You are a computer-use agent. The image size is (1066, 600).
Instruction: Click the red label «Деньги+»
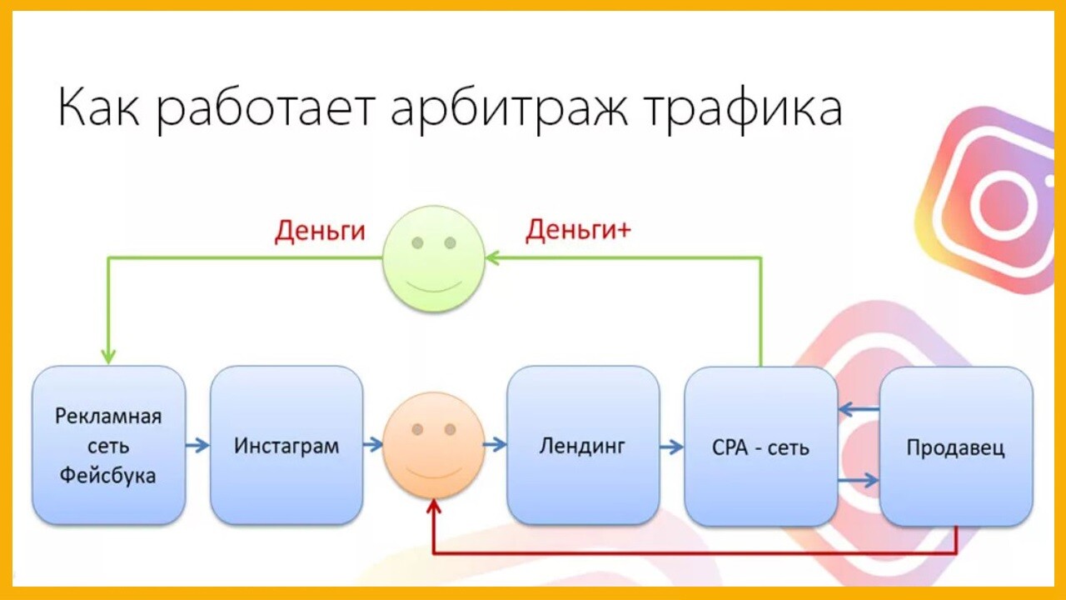[578, 230]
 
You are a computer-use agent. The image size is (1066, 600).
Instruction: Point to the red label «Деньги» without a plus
[320, 231]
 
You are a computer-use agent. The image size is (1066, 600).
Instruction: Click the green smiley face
[434, 259]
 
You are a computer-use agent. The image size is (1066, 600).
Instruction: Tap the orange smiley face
[434, 445]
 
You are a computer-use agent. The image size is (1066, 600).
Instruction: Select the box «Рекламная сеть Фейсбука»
[108, 446]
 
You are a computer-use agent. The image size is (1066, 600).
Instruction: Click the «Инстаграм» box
[286, 446]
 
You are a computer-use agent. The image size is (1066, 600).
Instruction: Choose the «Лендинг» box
[583, 446]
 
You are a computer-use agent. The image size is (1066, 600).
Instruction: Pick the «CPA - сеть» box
[760, 447]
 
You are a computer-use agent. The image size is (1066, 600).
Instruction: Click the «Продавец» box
[955, 447]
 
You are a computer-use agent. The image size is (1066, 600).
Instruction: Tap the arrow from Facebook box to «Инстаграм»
[197, 446]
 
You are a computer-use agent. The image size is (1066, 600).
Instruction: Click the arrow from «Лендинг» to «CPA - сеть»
[672, 447]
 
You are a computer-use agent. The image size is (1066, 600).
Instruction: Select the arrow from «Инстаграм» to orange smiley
[373, 445]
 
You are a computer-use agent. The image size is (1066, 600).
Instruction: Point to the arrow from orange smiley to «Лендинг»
[495, 445]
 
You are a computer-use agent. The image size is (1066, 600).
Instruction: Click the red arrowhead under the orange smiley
[434, 506]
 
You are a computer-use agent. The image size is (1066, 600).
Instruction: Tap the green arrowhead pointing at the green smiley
[492, 258]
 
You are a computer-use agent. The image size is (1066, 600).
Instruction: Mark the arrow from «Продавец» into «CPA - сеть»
[859, 409]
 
